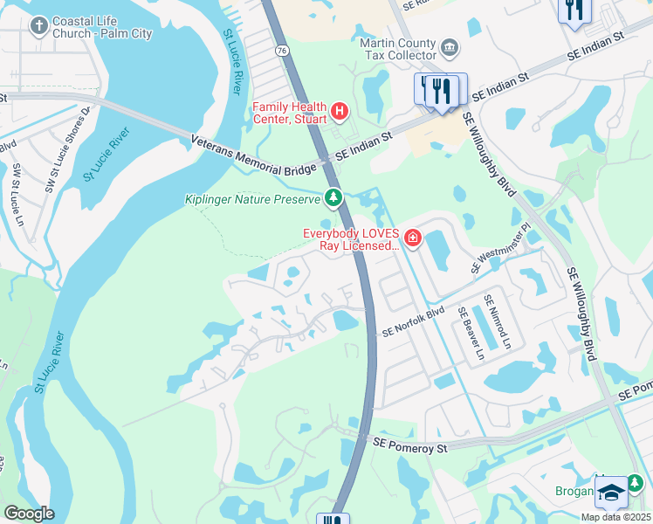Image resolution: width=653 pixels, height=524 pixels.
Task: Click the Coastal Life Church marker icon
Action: pyautogui.click(x=38, y=25)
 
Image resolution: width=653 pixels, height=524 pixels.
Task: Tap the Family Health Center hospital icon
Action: pyautogui.click(x=340, y=112)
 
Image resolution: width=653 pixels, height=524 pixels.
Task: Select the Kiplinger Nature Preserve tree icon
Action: pyautogui.click(x=333, y=199)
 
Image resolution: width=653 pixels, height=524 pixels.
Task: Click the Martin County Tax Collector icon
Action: pyautogui.click(x=449, y=45)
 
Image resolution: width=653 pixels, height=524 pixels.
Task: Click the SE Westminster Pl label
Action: pyautogui.click(x=501, y=247)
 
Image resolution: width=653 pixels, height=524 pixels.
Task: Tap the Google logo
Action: pyautogui.click(x=28, y=514)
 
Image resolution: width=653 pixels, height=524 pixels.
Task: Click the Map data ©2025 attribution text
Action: pyautogui.click(x=615, y=517)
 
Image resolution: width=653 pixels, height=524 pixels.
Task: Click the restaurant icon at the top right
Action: pyautogui.click(x=574, y=10)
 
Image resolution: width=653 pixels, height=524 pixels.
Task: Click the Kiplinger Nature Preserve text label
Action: pyautogui.click(x=253, y=200)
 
